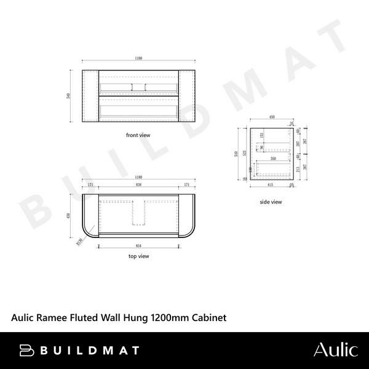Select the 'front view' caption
tap(138, 134)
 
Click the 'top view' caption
tap(138, 255)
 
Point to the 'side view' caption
tap(271, 202)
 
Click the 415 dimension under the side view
tap(269, 184)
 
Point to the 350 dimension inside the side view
tap(272, 159)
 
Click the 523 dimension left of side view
tap(245, 153)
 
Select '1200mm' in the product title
tap(173, 318)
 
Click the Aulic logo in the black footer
tap(335, 350)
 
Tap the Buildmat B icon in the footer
tap(26, 350)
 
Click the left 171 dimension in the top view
tap(90, 185)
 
